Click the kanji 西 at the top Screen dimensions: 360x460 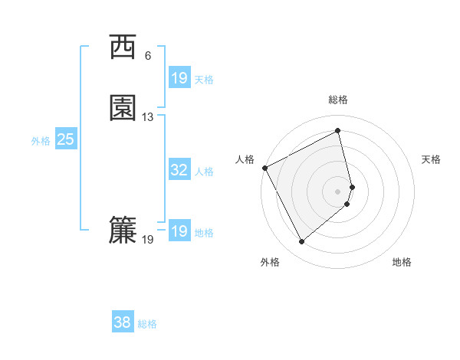(x=123, y=47)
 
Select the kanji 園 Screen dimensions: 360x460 (x=123, y=108)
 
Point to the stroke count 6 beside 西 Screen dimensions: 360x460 (x=148, y=56)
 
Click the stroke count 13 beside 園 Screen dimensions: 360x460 (x=148, y=117)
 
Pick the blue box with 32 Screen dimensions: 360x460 (x=179, y=170)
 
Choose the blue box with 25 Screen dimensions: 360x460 (x=65, y=139)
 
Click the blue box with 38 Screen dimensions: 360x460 (x=122, y=322)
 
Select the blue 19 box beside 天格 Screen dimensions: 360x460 (x=179, y=78)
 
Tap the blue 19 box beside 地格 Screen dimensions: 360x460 (x=179, y=231)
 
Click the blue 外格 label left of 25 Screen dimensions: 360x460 (x=41, y=141)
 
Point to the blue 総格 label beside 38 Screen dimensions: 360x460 (x=147, y=324)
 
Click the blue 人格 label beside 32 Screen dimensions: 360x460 (x=204, y=172)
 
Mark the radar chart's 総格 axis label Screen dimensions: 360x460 (x=338, y=100)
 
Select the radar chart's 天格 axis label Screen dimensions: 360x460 (x=432, y=159)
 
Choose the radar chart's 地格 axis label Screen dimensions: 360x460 (x=402, y=262)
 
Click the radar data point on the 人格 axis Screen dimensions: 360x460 (x=264, y=168)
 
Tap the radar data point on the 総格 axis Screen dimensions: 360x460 (x=338, y=131)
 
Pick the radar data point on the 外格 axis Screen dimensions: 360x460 (x=301, y=242)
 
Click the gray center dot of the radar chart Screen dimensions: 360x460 (x=338, y=191)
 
